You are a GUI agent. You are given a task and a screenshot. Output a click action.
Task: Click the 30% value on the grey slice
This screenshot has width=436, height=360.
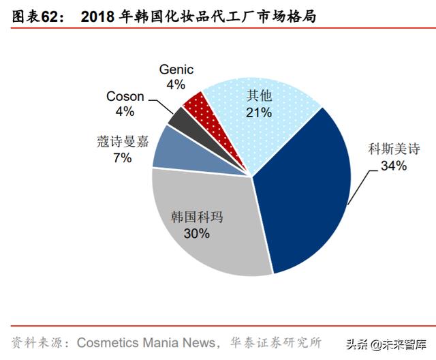coord(196,233)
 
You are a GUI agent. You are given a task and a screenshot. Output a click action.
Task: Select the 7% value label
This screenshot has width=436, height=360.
coord(123,158)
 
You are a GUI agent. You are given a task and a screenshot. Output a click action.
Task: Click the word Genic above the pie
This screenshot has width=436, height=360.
coord(176,70)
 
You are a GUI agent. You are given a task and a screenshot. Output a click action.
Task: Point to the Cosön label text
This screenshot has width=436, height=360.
coord(125,96)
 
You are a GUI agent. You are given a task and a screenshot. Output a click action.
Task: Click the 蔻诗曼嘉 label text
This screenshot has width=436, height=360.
coord(123,142)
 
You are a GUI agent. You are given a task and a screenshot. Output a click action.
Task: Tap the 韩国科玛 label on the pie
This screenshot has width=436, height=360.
coord(196,217)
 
